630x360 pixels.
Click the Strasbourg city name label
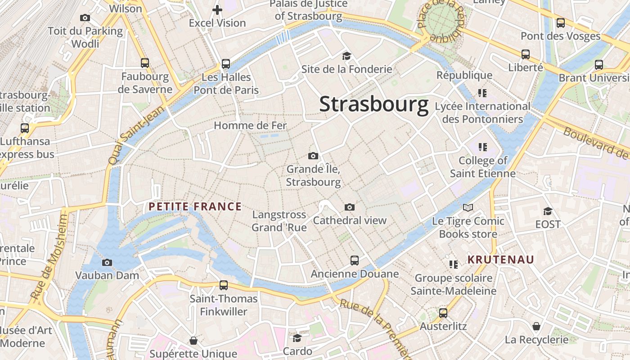pyautogui.click(x=373, y=104)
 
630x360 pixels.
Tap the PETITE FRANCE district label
pyautogui.click(x=195, y=207)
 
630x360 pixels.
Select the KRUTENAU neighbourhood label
pyautogui.click(x=500, y=260)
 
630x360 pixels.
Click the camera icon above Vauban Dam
pyautogui.click(x=107, y=262)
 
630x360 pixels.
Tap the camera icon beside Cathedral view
pyautogui.click(x=350, y=207)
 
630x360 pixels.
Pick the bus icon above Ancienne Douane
pyautogui.click(x=355, y=261)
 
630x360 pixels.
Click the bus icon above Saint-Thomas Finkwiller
pyautogui.click(x=223, y=285)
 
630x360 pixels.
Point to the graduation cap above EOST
pyautogui.click(x=548, y=211)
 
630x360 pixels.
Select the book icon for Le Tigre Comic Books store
pyautogui.click(x=468, y=207)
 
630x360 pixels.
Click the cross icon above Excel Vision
pyautogui.click(x=217, y=9)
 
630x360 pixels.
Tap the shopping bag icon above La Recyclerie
pyautogui.click(x=536, y=326)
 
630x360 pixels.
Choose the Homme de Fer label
pyautogui.click(x=250, y=125)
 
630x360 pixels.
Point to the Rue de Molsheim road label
pyautogui.click(x=50, y=256)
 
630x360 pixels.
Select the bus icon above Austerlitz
pyautogui.click(x=443, y=313)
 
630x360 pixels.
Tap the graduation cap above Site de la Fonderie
pyautogui.click(x=346, y=56)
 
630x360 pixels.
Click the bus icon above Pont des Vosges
pyautogui.click(x=561, y=22)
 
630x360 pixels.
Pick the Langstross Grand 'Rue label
pyautogui.click(x=279, y=221)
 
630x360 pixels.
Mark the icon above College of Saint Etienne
pyautogui.click(x=483, y=147)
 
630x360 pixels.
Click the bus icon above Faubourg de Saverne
pyautogui.click(x=144, y=63)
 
